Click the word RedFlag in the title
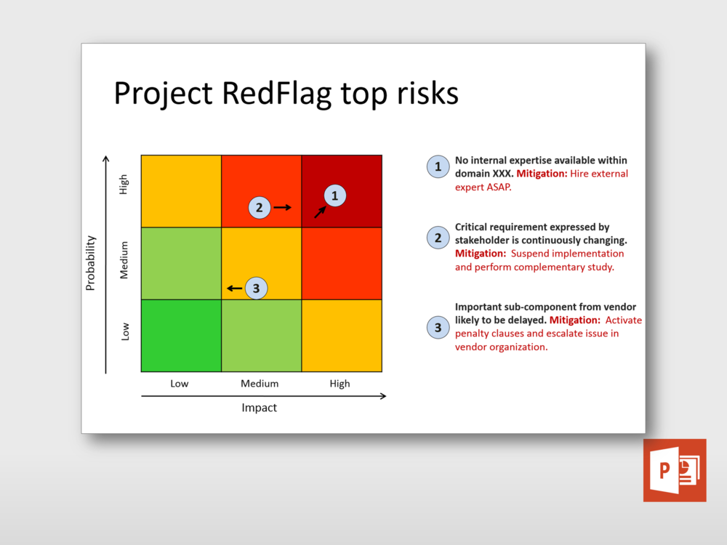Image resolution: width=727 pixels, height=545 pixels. point(277,94)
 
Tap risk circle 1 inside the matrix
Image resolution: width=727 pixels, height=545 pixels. point(334,195)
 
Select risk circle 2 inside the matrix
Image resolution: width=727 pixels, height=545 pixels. point(260,208)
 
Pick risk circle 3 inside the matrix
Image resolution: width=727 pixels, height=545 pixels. point(256,288)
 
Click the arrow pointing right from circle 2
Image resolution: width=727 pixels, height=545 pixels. point(282,207)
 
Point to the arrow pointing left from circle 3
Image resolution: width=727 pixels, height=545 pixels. point(235,288)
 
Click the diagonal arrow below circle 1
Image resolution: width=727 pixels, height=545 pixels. point(321,212)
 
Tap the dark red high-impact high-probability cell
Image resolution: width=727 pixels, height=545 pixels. point(342,191)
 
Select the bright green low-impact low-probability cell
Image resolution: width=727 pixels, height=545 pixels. point(181,336)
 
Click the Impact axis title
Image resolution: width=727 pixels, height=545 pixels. point(260,408)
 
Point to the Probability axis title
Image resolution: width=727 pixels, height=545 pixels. point(90,263)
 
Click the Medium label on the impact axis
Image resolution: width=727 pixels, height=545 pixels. point(260,384)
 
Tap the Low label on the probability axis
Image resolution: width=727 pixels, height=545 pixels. point(125,332)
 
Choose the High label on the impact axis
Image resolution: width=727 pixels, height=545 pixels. point(340,384)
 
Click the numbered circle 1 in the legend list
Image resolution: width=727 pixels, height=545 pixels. point(438,167)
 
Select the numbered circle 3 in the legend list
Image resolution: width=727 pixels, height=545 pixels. point(438,328)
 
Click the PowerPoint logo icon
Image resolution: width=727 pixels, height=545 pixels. point(675,470)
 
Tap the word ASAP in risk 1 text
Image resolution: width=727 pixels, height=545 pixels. point(498,187)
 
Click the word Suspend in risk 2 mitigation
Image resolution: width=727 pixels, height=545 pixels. point(529,254)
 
